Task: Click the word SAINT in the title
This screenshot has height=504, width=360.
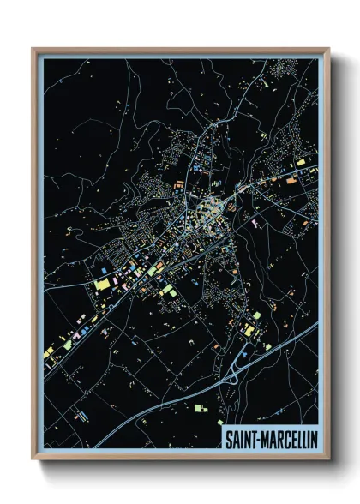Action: (239, 440)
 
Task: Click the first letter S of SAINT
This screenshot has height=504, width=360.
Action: (227, 440)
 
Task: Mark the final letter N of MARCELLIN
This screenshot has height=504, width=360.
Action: (314, 440)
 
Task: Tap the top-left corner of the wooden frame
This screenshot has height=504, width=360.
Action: (33, 49)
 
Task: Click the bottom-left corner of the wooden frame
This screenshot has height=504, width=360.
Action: (33, 459)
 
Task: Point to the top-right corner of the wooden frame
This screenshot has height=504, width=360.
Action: (328, 49)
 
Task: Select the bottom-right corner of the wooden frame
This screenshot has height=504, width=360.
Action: (328, 459)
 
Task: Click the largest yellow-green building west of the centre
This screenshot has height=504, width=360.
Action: (103, 283)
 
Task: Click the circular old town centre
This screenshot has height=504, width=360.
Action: (208, 209)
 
